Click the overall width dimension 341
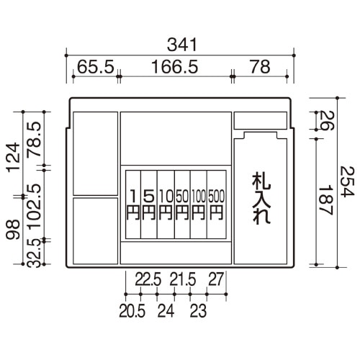click(182, 45)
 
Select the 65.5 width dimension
click(96, 67)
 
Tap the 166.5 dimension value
click(175, 67)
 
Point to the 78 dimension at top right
click(260, 67)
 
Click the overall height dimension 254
click(347, 181)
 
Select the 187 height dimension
click(325, 200)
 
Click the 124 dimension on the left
click(14, 158)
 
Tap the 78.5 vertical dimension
click(34, 140)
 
